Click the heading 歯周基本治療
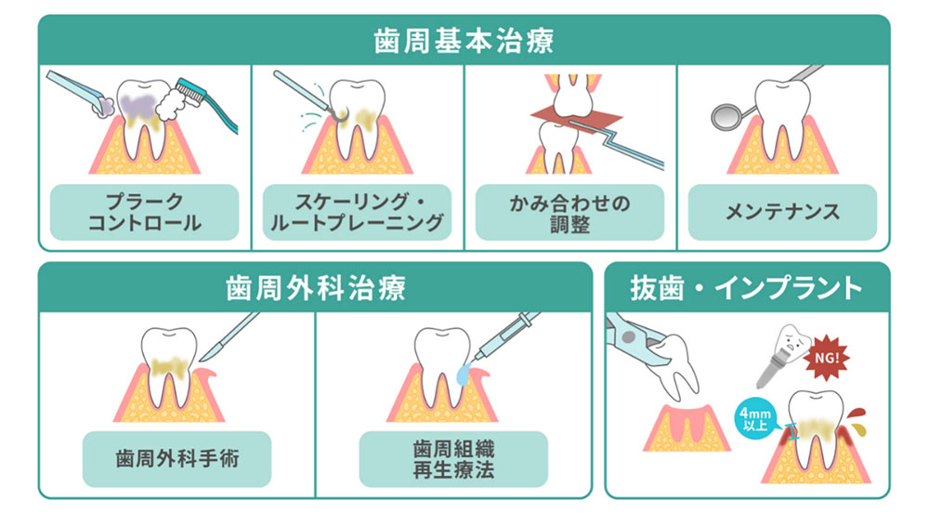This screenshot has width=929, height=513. coord(464,41)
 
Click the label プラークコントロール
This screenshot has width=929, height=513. coord(145,213)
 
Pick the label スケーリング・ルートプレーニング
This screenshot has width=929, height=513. coord(358,213)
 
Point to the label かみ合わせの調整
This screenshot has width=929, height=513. coord(569,213)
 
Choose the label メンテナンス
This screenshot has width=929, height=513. coord(782,213)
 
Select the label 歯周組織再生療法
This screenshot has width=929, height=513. coord(453,458)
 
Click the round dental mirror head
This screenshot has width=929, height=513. coord(725,116)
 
